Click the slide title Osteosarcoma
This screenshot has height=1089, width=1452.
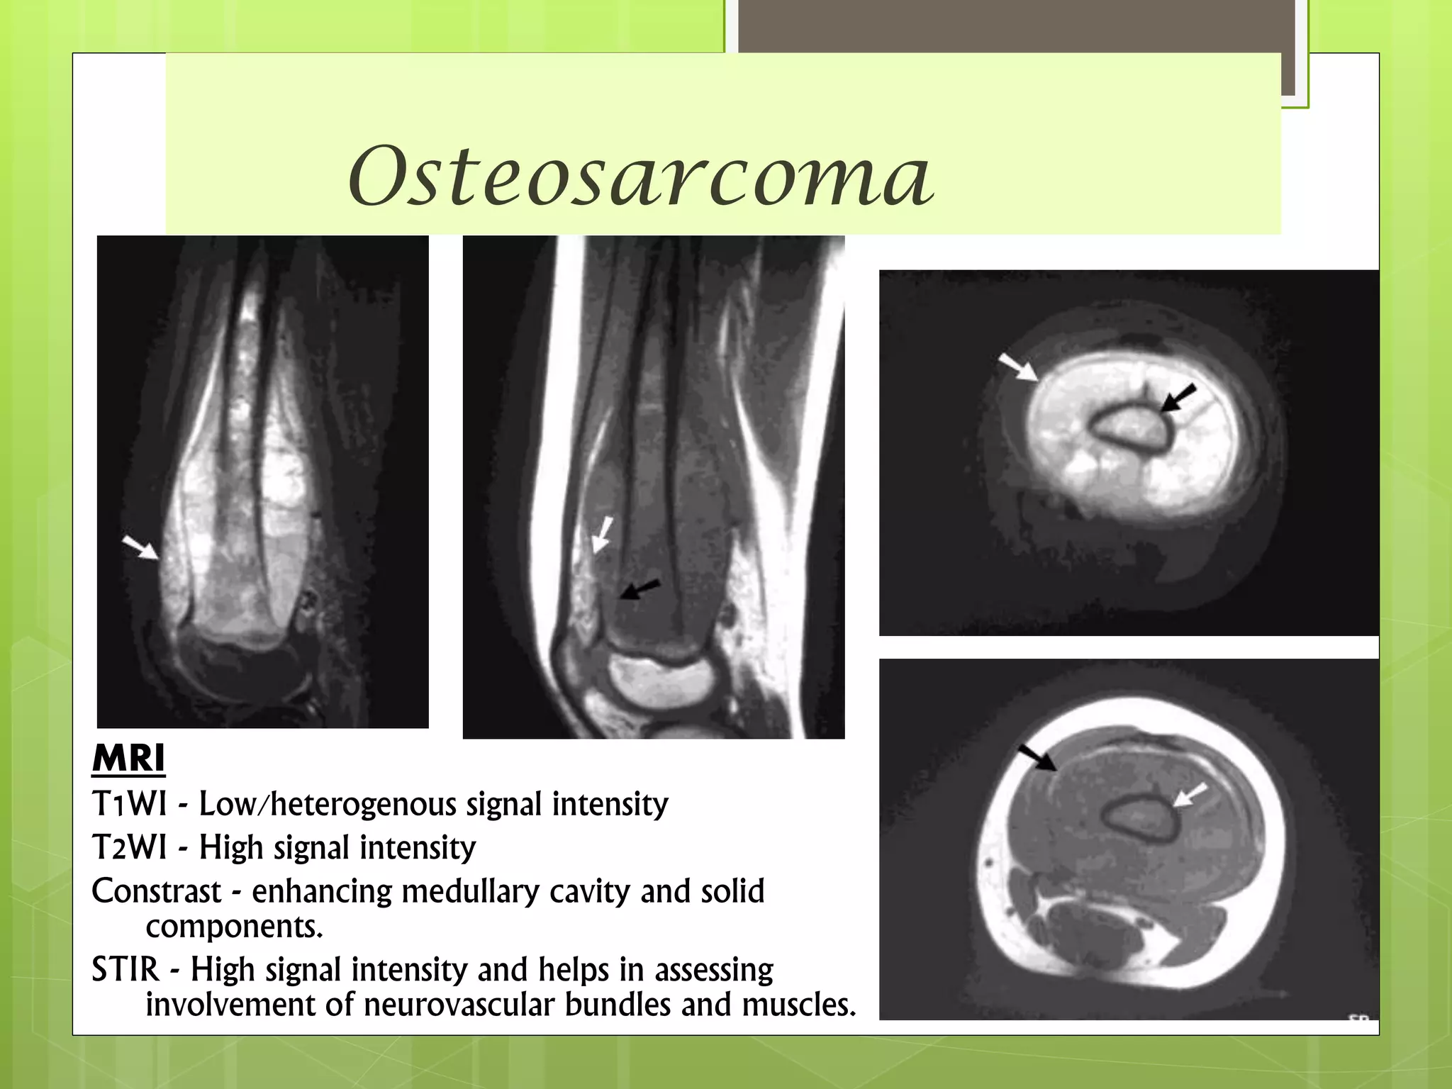[641, 176]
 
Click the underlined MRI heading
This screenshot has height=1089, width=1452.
[128, 759]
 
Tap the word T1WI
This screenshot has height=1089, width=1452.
[129, 804]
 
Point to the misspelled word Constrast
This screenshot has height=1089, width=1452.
[156, 891]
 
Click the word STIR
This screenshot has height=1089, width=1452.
[125, 969]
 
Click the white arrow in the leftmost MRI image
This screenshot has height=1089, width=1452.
[140, 547]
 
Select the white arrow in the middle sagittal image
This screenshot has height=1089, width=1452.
[603, 534]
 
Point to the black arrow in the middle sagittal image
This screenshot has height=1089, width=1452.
[640, 589]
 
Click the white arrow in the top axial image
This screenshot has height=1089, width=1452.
[1017, 367]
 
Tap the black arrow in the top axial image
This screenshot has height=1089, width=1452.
[1178, 398]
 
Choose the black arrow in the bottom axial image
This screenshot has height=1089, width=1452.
[1037, 757]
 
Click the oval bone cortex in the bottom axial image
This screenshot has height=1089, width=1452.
[1139, 817]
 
